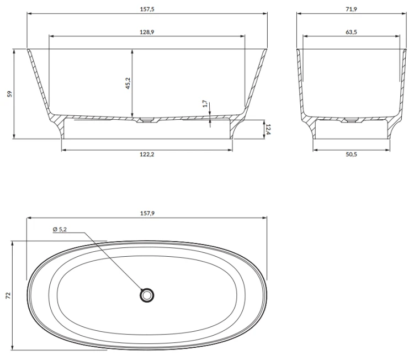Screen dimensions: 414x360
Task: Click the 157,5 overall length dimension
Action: point(147,9)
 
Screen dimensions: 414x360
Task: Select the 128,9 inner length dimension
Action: point(147,32)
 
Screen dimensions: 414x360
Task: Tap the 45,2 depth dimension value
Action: point(128,83)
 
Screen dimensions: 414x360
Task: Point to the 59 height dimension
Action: point(10,94)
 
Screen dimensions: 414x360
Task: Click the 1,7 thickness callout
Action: point(205,104)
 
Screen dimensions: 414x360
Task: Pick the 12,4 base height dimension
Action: point(268,129)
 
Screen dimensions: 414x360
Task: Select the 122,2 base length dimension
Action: point(147,155)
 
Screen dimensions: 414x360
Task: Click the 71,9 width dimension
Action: point(351,9)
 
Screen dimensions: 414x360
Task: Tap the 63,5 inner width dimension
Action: point(351,32)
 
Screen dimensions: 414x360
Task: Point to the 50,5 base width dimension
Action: point(351,155)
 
